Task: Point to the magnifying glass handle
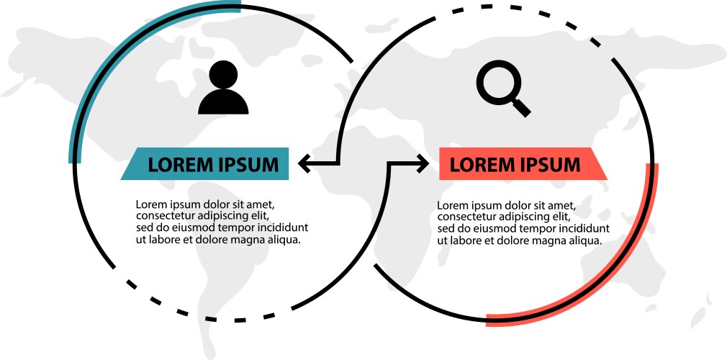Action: pyautogui.click(x=522, y=108)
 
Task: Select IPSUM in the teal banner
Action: pyautogui.click(x=247, y=165)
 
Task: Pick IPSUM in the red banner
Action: pyautogui.click(x=548, y=165)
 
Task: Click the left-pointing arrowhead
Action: pyautogui.click(x=304, y=163)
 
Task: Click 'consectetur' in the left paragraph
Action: pyautogui.click(x=166, y=215)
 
